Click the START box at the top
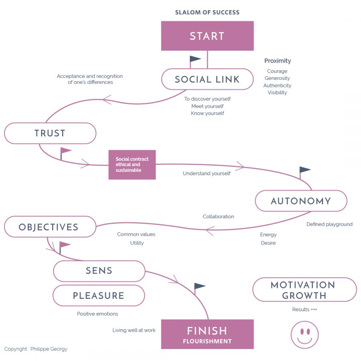point(207,36)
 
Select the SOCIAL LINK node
point(207,79)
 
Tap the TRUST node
point(50,133)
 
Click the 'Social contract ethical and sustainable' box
point(132,165)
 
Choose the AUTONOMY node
point(301,201)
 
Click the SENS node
point(99,271)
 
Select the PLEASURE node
point(99,296)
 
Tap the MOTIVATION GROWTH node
point(304,290)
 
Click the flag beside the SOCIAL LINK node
point(195,60)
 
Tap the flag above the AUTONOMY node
point(304,170)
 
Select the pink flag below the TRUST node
point(65,151)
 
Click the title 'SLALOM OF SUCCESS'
point(207,12)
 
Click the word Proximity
point(278,61)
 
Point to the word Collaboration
point(218,217)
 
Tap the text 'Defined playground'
point(329,224)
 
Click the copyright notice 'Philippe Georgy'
point(36,349)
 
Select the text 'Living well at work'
point(134,330)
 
